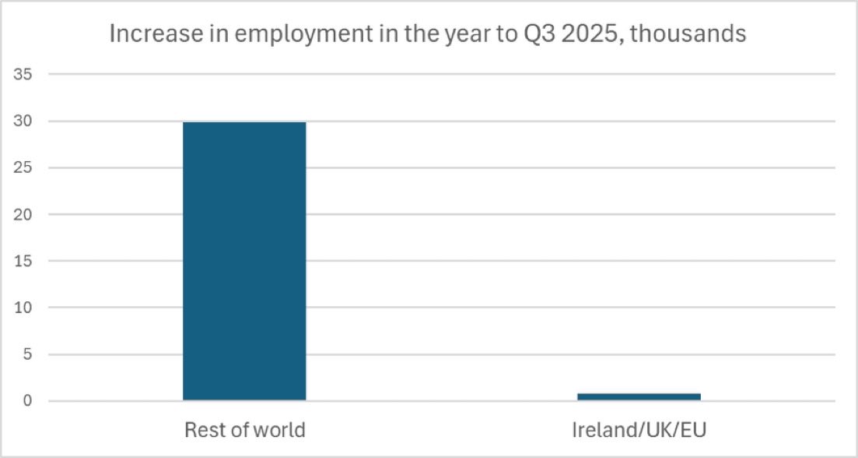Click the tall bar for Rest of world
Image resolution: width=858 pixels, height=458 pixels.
point(244,262)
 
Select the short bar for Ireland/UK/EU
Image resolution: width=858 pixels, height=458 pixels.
point(639,396)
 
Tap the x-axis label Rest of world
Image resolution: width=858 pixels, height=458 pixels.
point(244,430)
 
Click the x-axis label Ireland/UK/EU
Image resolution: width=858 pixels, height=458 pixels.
point(639,430)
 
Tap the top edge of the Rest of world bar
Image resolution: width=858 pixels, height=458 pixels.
point(244,123)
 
